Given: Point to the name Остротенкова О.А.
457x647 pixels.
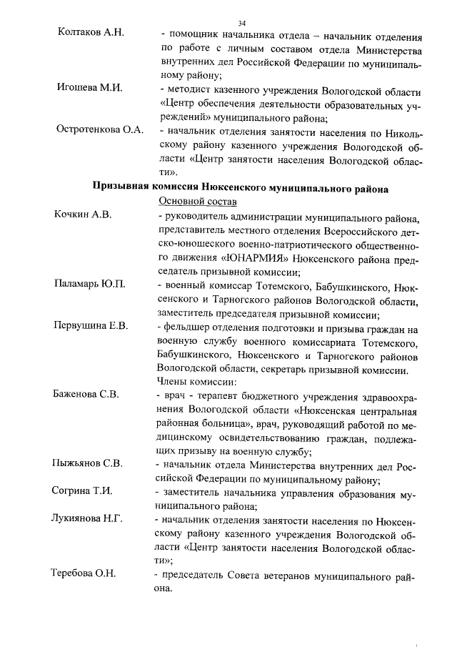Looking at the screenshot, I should (100, 130).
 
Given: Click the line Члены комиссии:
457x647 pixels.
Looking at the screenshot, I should (192, 381).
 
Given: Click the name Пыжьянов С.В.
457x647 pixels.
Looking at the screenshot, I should (88, 463).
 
